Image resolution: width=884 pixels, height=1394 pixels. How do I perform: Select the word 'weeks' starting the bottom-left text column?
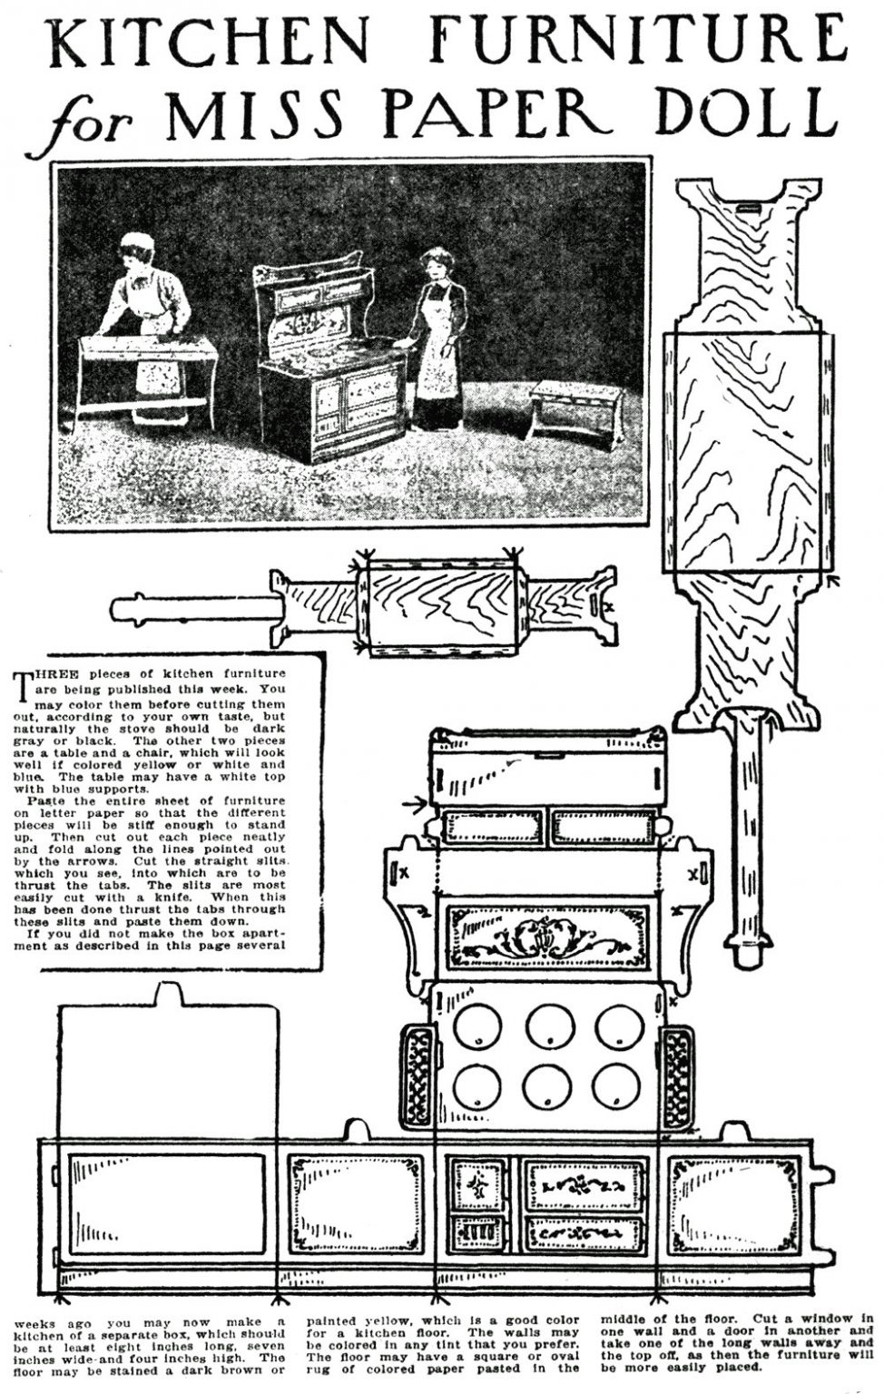33,1322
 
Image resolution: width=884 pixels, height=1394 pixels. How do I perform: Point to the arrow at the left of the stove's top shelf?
417,802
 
